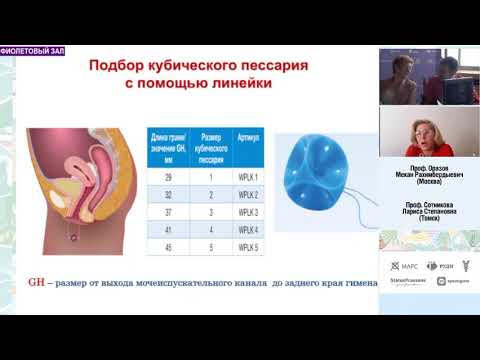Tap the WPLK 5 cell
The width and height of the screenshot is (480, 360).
pyautogui.click(x=249, y=247)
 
